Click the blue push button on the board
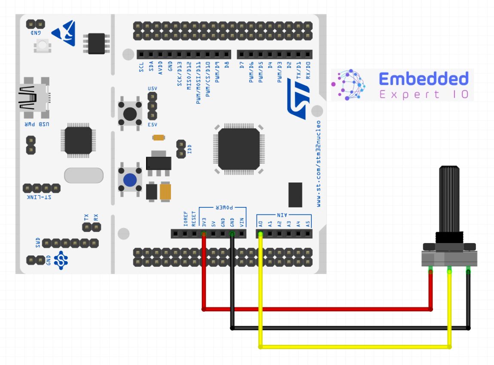(130, 179)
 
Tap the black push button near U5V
(130, 114)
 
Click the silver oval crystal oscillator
(84, 175)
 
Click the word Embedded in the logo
(424, 79)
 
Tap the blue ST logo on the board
(299, 102)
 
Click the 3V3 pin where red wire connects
(204, 234)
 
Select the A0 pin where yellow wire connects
(260, 234)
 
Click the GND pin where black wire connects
(232, 234)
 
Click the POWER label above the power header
(223, 207)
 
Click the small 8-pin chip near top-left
(97, 43)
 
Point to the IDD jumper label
(190, 149)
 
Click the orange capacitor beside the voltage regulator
(166, 191)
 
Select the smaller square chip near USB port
(78, 140)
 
